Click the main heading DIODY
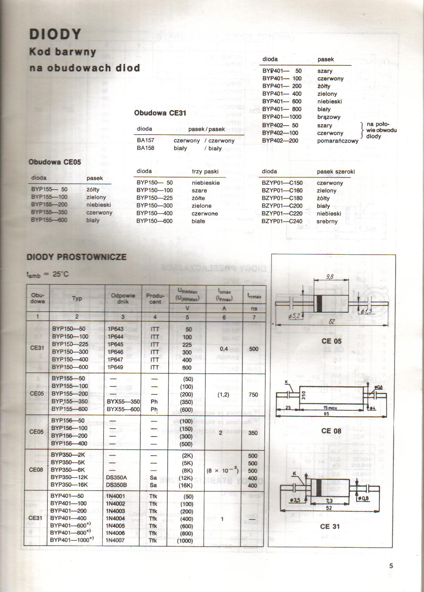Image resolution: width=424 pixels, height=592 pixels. coord(55,34)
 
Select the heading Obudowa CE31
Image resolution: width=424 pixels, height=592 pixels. coord(156,113)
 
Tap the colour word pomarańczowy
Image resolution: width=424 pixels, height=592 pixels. coord(337,141)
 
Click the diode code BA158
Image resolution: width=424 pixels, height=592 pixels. coord(145,148)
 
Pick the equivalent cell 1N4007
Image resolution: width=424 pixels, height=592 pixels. coord(115,540)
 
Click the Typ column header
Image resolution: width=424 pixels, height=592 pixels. coord(77,298)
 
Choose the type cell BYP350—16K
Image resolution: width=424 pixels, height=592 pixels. coord(69,485)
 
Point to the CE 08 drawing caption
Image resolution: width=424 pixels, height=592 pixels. coord(331,431)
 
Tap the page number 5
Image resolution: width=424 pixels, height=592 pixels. coord(391,566)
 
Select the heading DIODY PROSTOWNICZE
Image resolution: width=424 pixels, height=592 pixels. coord(77,257)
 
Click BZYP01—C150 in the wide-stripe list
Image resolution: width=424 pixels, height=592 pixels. coord(282,183)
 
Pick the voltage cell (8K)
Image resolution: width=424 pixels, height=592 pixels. coord(187,471)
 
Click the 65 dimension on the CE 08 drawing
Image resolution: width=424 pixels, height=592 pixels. coord(326,414)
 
